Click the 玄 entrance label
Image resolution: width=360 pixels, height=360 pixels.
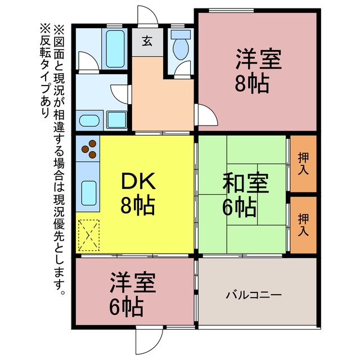147,42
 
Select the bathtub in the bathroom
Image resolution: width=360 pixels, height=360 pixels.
115,49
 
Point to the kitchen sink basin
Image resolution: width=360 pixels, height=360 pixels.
89,193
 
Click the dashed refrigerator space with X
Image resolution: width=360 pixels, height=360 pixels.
89,235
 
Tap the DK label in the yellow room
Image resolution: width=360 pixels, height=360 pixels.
138,181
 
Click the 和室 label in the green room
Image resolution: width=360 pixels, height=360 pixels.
246,183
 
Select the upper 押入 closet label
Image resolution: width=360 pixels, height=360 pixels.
303,164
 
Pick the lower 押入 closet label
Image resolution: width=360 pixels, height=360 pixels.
303,224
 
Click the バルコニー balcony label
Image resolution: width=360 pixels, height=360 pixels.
254,295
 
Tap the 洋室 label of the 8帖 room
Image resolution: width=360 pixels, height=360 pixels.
259,58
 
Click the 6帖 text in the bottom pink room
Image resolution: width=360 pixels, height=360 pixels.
126,308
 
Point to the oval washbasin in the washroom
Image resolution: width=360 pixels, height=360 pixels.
89,121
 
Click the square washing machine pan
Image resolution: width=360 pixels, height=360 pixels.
116,120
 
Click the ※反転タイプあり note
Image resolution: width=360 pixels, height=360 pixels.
45,71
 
